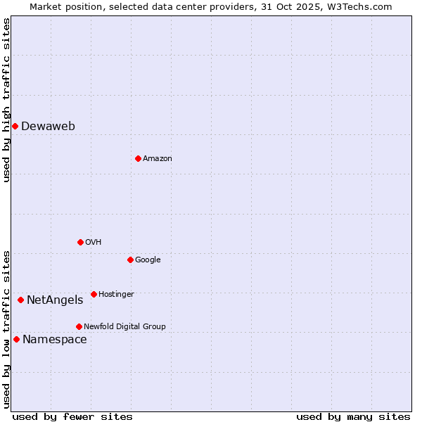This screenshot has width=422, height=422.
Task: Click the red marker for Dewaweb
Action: [x=15, y=126]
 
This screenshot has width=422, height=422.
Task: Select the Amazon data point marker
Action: [x=138, y=158]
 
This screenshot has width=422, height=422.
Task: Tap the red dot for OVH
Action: [x=80, y=242]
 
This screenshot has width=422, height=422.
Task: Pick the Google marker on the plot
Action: [x=130, y=260]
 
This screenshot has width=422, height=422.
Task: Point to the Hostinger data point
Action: [x=94, y=294]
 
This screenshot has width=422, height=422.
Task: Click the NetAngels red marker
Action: [x=20, y=300]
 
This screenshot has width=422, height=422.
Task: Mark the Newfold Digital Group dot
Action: [x=79, y=326]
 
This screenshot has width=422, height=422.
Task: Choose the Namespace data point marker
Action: [x=16, y=339]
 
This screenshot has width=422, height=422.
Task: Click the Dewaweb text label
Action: [x=48, y=127]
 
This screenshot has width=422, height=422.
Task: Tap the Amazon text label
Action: [x=158, y=159]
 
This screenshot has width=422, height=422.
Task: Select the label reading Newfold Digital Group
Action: [x=124, y=326]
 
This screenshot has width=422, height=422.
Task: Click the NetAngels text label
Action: [x=55, y=300]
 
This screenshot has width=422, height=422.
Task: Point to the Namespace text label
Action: [x=55, y=340]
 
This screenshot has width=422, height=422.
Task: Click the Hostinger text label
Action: [x=116, y=294]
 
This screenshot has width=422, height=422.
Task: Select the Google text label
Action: [x=148, y=260]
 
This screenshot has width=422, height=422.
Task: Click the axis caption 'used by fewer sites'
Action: [x=72, y=416]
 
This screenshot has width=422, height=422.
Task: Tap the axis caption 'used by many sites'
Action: [x=353, y=416]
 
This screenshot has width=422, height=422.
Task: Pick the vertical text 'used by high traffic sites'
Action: [x=6, y=100]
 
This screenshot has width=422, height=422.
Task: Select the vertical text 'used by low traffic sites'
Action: [x=6, y=328]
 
